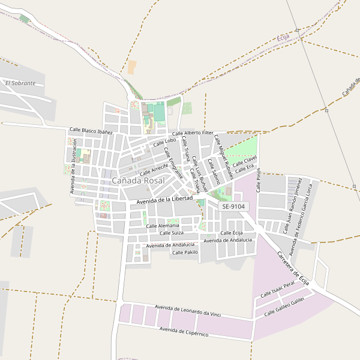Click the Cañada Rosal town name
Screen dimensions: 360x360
pos(138,180)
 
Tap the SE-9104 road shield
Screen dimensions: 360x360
pos(233,206)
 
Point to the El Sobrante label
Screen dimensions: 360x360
pos(20,83)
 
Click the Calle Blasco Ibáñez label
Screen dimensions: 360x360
pos(91,131)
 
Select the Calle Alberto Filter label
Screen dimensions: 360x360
pos(193,133)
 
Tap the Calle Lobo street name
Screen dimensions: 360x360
pos(164,142)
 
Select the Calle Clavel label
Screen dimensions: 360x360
pos(245,161)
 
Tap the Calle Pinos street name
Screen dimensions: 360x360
pos(259,180)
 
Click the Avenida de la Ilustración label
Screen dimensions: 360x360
pos(74,167)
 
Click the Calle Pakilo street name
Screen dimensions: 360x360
pos(185,253)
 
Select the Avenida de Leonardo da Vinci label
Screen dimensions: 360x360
pos(188,310)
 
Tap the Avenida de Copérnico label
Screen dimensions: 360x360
pos(184,332)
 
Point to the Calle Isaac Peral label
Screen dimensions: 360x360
pos(278,290)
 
